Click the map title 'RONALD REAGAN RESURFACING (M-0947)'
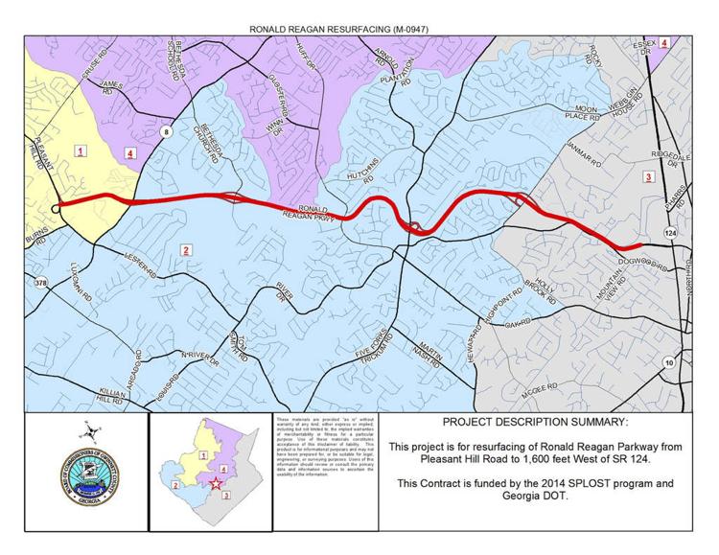click(359, 30)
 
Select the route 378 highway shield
click(40, 283)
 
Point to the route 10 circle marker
click(668, 363)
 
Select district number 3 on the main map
click(648, 176)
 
